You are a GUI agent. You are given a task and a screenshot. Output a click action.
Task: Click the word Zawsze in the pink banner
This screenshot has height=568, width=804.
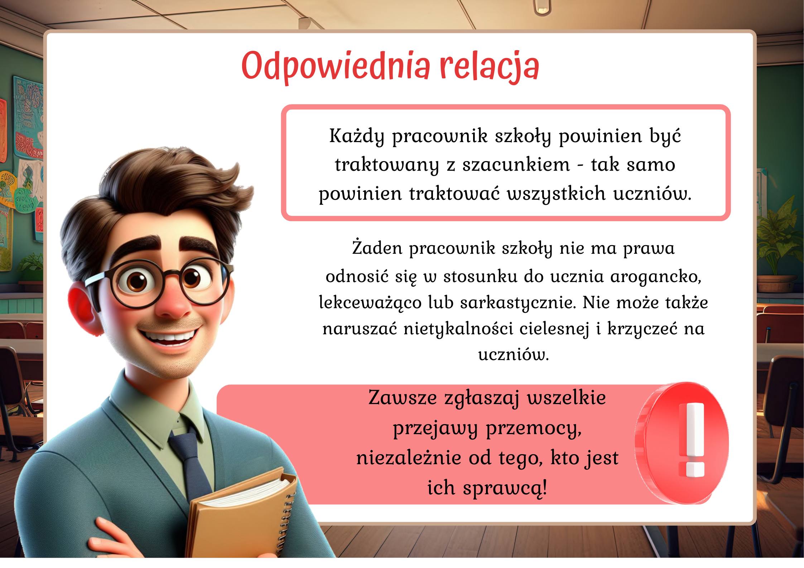pos(403,398)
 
